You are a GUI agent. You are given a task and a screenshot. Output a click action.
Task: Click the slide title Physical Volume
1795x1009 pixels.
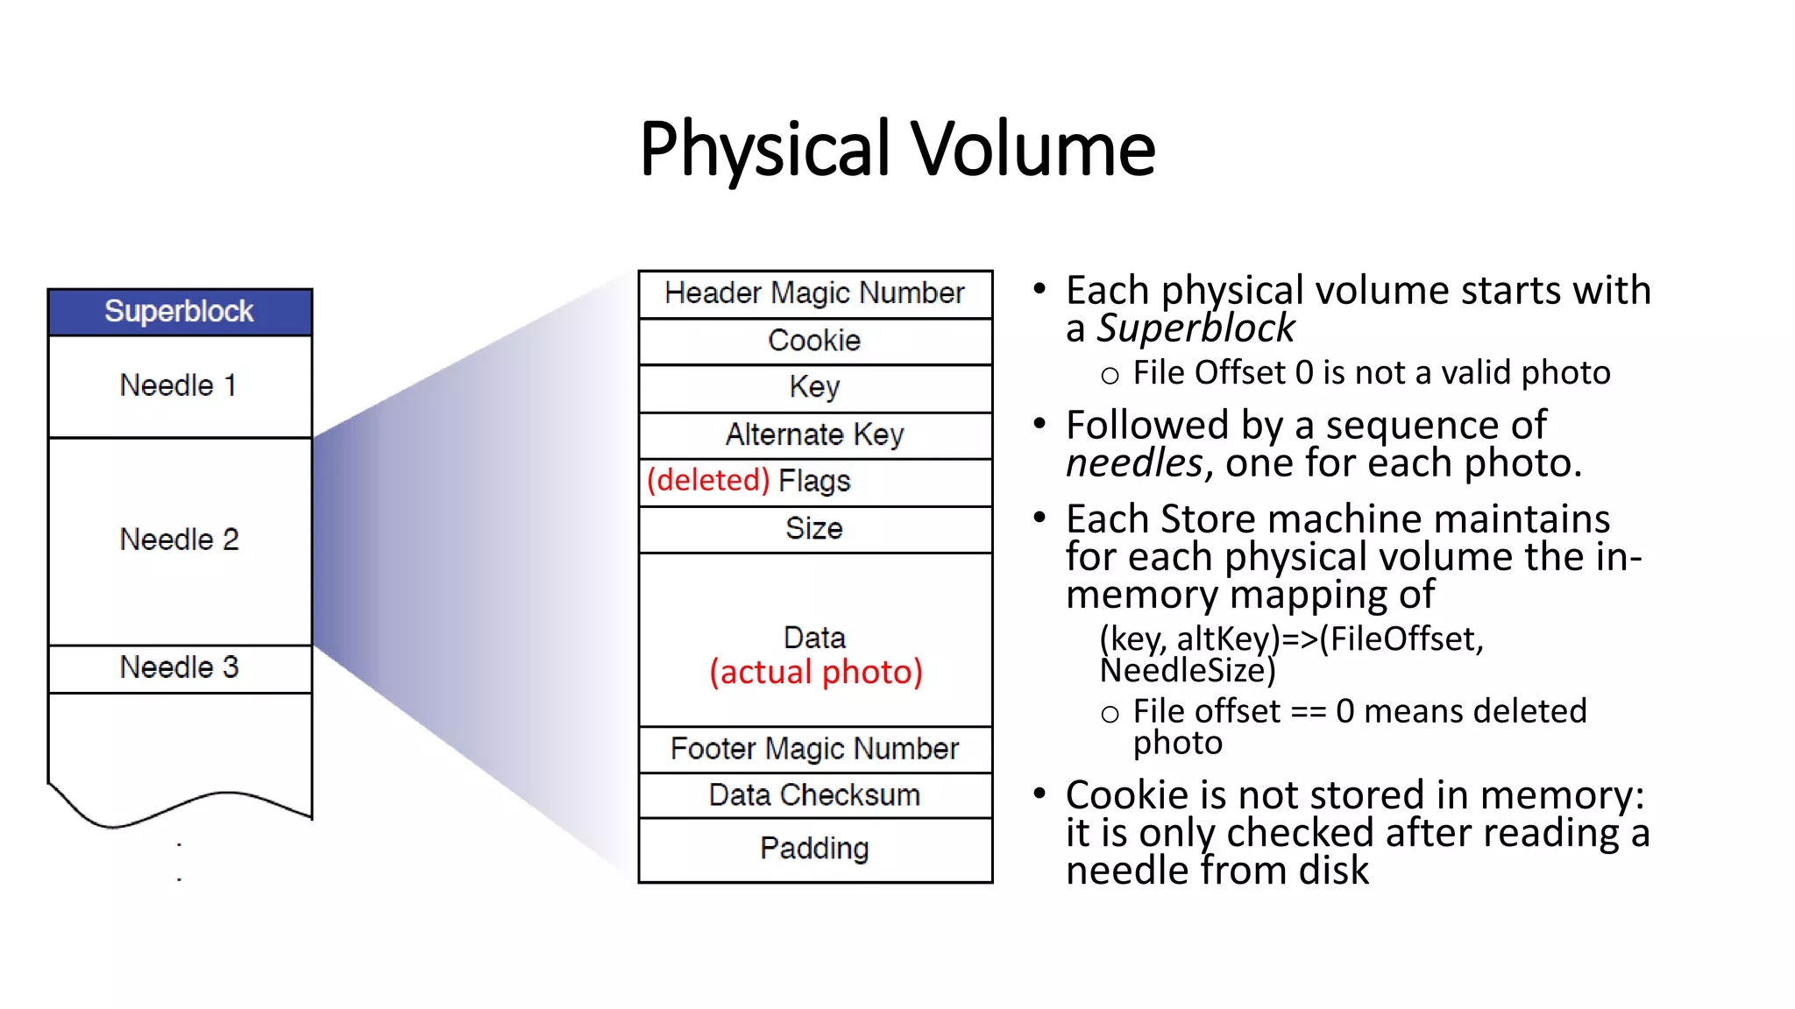[x=897, y=149]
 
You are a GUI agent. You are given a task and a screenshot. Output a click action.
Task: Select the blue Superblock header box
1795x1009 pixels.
[x=180, y=312]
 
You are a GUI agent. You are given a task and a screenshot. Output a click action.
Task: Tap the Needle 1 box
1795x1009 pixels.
[x=180, y=386]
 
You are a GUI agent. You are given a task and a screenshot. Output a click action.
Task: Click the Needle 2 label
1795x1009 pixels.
[x=180, y=540]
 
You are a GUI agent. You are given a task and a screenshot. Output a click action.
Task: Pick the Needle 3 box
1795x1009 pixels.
[x=180, y=668]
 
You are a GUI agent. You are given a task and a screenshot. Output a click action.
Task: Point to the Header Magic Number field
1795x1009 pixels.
[x=815, y=293]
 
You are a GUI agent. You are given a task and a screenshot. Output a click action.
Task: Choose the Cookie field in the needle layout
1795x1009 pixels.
[x=815, y=341]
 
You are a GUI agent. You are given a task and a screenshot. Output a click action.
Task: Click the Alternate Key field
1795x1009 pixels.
[x=815, y=434]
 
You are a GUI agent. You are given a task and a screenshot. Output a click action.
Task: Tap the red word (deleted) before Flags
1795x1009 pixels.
[x=708, y=481]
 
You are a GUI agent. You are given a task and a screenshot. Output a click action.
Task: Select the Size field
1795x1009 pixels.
[x=815, y=529]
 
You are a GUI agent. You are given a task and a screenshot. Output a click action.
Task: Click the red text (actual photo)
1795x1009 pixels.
[x=816, y=673]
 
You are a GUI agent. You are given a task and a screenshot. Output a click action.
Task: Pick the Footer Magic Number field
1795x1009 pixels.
[x=815, y=749]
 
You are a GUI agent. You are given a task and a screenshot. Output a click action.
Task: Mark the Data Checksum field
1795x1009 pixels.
[x=815, y=795]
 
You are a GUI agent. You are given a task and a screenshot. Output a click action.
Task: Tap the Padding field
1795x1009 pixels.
[x=815, y=849]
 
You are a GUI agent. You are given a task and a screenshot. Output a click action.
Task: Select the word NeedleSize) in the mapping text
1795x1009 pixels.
[x=1188, y=671]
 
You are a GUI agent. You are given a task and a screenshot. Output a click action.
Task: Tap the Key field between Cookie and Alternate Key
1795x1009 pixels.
[x=815, y=387]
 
